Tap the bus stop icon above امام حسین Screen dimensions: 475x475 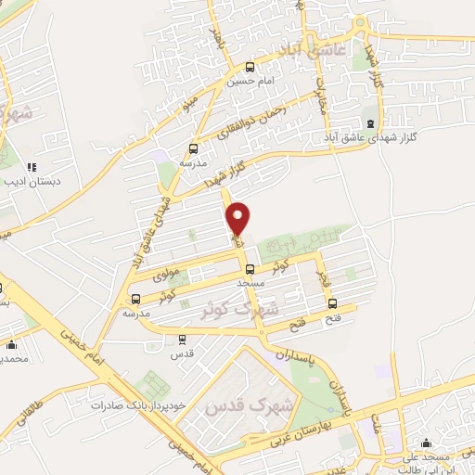[250, 66]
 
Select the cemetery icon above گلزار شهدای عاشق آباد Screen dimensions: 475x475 [371, 123]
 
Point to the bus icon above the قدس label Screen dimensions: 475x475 [181, 339]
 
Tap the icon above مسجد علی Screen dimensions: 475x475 [426, 443]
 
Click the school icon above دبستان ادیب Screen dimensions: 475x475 [32, 168]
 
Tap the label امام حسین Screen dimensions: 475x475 [249, 81]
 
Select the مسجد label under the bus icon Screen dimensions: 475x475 [251, 281]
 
